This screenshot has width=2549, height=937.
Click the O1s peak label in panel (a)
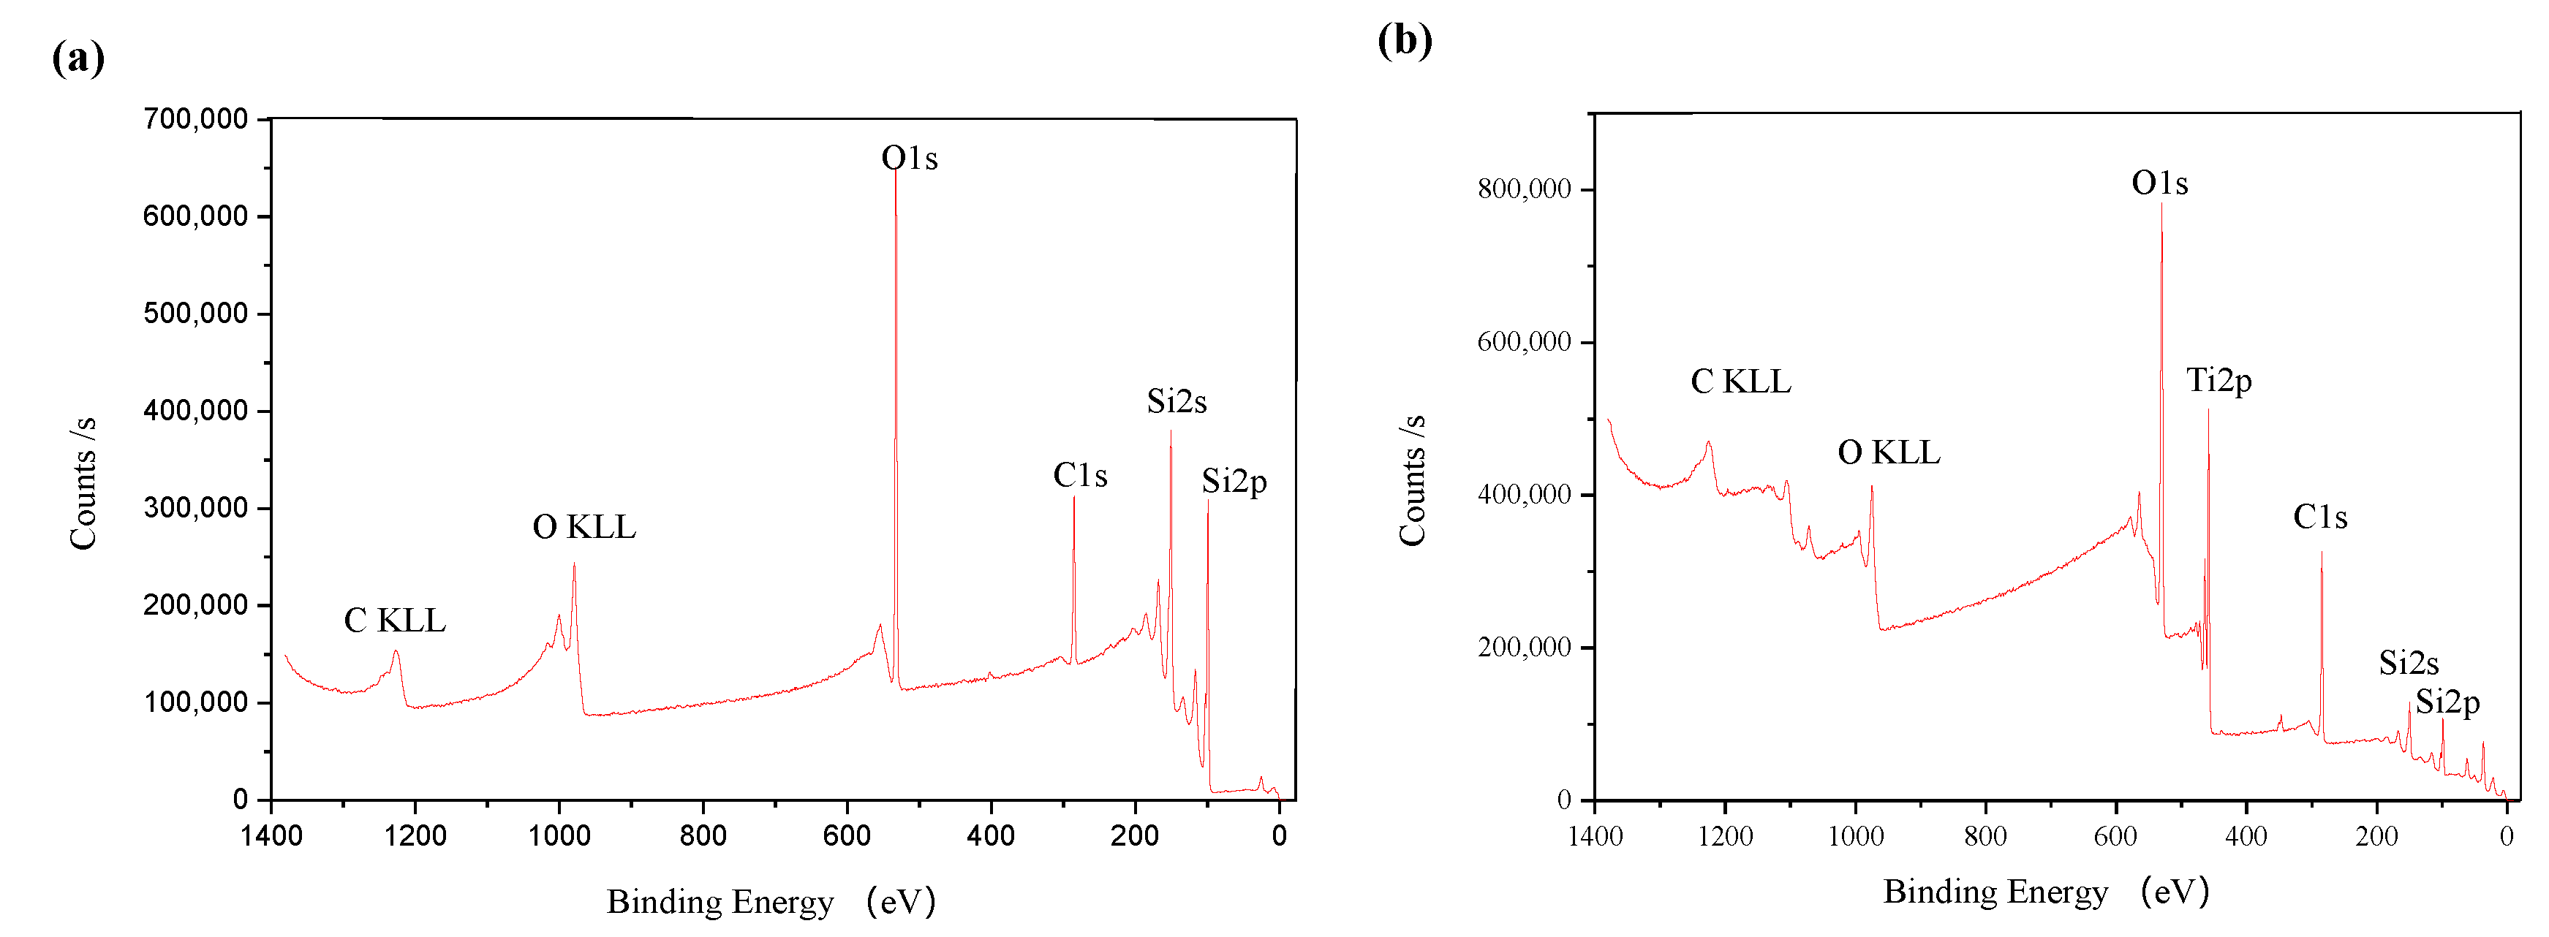coord(908,159)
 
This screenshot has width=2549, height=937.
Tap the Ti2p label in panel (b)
coord(2218,380)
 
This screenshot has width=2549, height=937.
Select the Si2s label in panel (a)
coord(1176,402)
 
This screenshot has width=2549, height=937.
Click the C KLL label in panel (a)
coord(394,621)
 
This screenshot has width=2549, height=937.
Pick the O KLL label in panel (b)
coord(1888,452)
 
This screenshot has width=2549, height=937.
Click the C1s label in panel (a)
coord(1079,476)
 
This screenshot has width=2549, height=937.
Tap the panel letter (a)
coord(78,58)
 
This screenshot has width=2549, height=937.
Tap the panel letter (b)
coord(1403,41)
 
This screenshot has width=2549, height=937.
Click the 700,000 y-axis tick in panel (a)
coord(195,120)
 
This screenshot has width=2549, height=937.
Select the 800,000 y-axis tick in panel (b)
coord(1523,189)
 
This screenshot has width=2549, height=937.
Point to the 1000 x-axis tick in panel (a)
coord(559,836)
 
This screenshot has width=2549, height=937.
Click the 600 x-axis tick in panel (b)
coord(2115,837)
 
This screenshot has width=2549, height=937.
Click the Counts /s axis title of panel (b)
coord(1412,480)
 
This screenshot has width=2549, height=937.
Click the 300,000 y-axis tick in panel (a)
coord(195,509)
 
